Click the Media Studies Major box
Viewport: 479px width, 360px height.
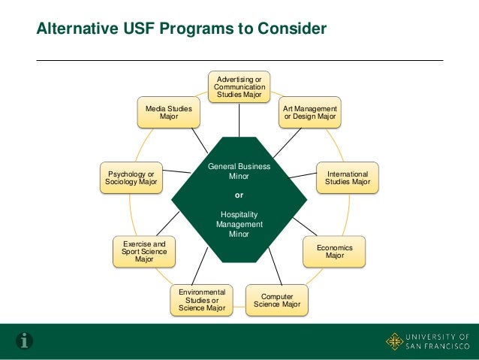[168, 113]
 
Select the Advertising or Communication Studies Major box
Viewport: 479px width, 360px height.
[239, 87]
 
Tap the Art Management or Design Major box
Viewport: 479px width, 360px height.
[309, 113]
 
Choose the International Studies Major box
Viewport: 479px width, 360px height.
[347, 177]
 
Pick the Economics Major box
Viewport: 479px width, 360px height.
[335, 251]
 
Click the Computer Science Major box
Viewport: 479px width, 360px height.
[277, 300]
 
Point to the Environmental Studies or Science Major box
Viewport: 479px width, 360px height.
[202, 300]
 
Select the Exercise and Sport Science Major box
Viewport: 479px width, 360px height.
[144, 251]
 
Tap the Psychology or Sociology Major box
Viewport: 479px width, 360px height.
[131, 177]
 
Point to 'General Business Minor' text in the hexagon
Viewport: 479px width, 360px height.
[239, 171]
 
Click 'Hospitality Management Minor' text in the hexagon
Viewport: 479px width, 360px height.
[239, 224]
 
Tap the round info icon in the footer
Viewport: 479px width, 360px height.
[26, 341]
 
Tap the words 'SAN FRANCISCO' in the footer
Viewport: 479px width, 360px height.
[438, 348]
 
